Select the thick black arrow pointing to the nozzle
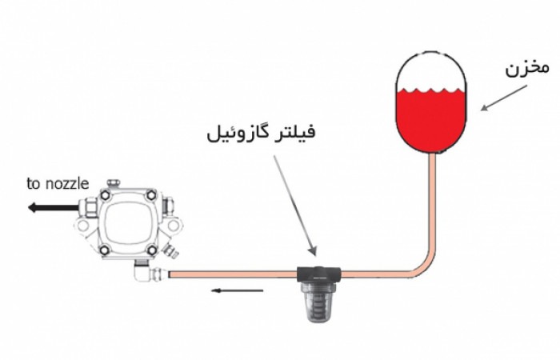click(53, 207)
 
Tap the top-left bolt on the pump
click(105, 195)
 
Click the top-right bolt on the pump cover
click(151, 195)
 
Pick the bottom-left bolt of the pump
click(105, 250)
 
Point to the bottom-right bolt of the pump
click(151, 250)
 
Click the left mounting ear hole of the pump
click(83, 226)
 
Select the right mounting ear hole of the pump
click(174, 226)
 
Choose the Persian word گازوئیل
click(238, 133)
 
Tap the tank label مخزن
click(526, 68)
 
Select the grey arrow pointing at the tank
click(503, 98)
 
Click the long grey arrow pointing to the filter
click(295, 206)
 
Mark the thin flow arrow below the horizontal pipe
click(237, 290)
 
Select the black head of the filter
click(318, 274)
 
